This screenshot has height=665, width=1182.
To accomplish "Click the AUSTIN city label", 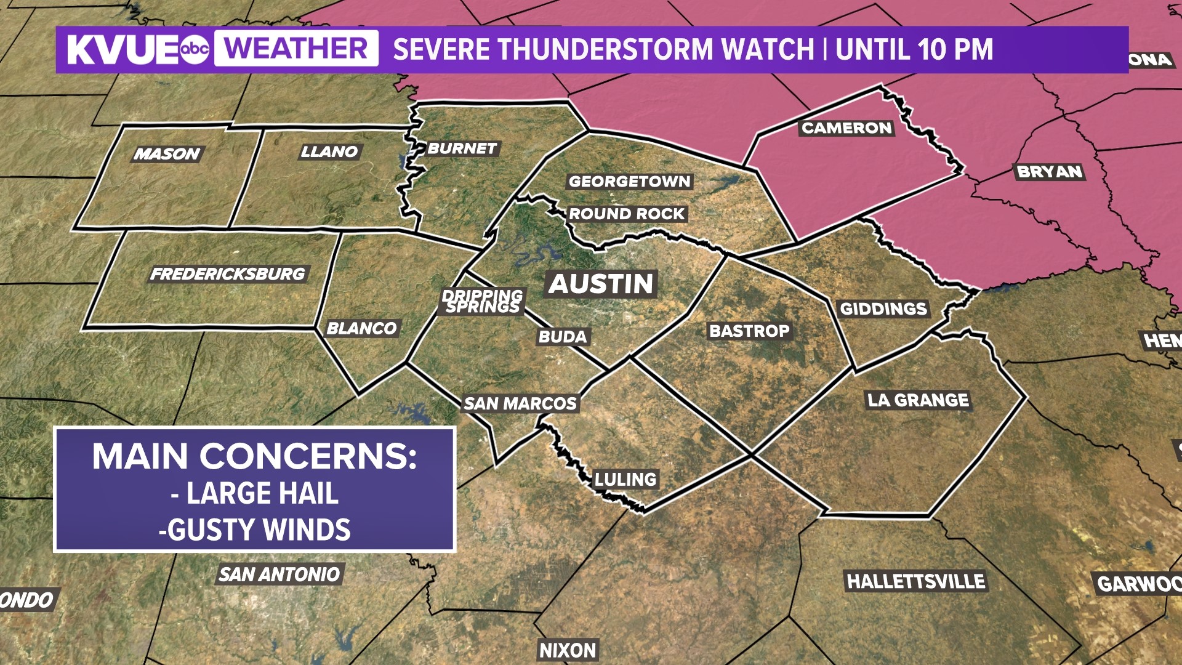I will click(601, 284).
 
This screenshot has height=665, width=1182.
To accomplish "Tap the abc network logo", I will click(195, 49).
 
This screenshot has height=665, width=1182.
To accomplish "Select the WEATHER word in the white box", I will click(296, 49).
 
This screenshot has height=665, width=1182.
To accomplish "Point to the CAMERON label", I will click(846, 128).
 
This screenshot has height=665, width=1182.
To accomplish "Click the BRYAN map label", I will click(1050, 172).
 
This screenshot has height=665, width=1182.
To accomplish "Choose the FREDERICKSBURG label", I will click(228, 274).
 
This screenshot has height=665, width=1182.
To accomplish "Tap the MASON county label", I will click(167, 154).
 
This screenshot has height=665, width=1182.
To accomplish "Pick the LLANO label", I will click(329, 151).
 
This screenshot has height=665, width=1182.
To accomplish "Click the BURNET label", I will click(462, 148).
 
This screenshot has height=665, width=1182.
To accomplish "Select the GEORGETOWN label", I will click(630, 182).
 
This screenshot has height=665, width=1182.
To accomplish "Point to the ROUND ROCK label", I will click(627, 214).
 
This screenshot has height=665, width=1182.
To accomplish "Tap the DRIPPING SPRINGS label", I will click(483, 301).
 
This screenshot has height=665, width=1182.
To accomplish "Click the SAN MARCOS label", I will click(520, 404).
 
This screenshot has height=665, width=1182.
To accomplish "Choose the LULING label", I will click(625, 480).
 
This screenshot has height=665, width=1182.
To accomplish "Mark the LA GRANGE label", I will click(919, 400).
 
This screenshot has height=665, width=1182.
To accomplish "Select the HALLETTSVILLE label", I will click(915, 581).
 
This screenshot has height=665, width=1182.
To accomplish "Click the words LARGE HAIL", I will click(262, 493).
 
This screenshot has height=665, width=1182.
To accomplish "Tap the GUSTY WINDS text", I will click(259, 530).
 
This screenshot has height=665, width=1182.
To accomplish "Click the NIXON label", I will click(568, 650).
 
